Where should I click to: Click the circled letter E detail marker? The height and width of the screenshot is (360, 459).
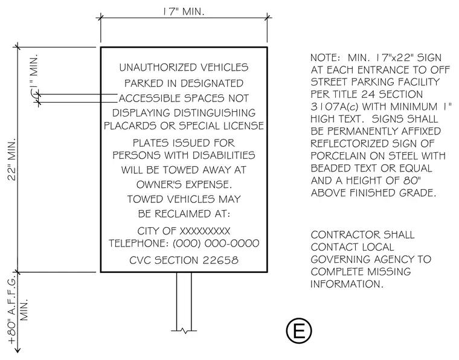click(299, 331)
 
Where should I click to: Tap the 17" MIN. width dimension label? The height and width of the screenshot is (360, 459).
click(184, 11)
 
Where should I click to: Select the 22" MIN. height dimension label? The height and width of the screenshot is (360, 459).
click(12, 160)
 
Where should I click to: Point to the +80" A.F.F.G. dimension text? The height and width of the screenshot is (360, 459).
click(12, 310)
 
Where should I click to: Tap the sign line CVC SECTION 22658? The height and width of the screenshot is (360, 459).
click(184, 260)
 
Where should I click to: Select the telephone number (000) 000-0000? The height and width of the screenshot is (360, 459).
click(216, 243)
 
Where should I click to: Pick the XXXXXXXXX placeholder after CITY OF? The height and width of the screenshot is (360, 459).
click(205, 231)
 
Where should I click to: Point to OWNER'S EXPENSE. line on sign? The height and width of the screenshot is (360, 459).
click(184, 184)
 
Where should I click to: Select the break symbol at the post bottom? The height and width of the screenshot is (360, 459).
click(184, 331)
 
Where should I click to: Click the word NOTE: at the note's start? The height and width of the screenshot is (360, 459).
click(326, 57)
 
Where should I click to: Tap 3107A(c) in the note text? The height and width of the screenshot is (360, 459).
click(335, 106)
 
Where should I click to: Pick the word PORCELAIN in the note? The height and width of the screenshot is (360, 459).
click(341, 156)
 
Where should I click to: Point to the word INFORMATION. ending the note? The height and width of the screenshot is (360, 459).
click(347, 284)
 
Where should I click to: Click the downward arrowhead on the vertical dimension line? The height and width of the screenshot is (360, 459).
click(18, 350)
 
